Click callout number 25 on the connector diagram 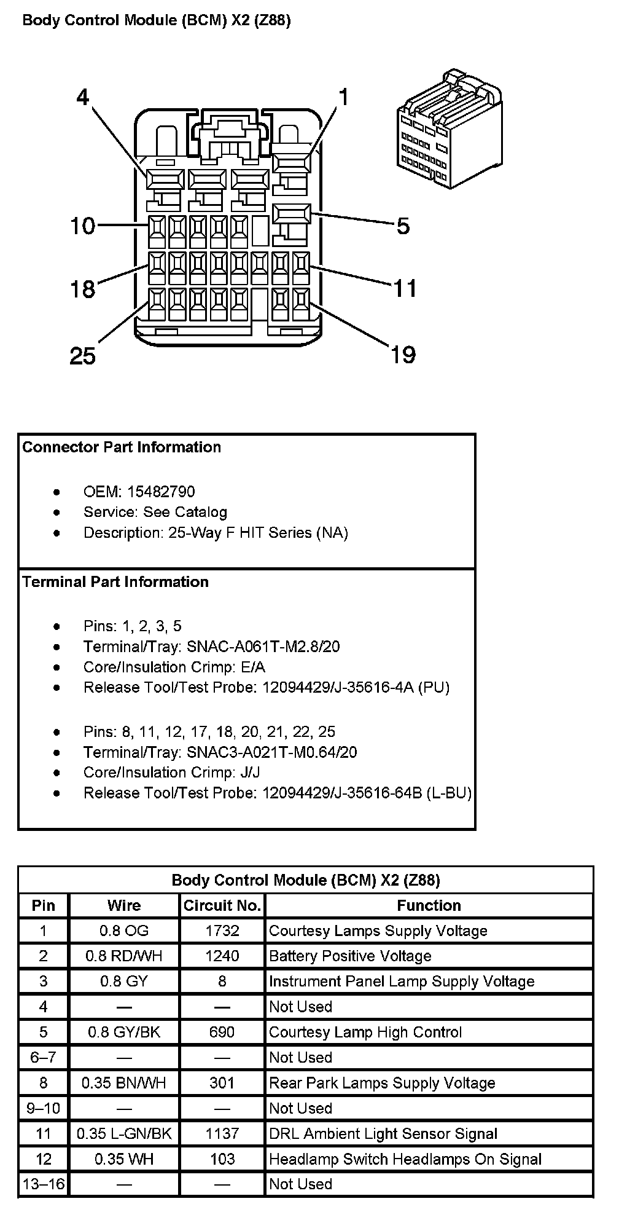[82, 355]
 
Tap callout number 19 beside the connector [403, 355]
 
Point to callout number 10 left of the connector [82, 226]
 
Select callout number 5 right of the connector [403, 226]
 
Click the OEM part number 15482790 [161, 492]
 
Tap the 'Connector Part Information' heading [122, 447]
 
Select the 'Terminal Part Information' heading [115, 581]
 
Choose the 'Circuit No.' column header [222, 905]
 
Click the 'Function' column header [429, 905]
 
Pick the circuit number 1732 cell [222, 931]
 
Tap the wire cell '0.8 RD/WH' [124, 956]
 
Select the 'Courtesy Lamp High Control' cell [365, 1032]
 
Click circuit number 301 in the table [222, 1083]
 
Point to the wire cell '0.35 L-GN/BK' [124, 1133]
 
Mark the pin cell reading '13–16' [44, 1184]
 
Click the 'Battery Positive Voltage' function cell [350, 956]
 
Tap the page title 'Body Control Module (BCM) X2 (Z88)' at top [157, 20]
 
